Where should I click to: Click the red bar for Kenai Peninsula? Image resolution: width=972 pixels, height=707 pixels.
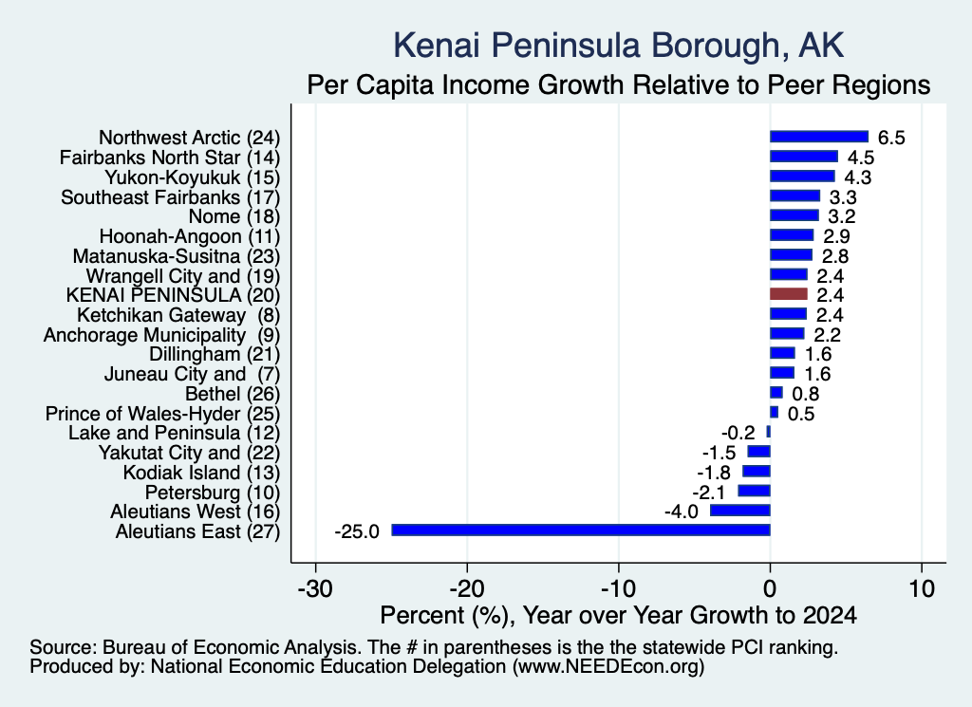[789, 294]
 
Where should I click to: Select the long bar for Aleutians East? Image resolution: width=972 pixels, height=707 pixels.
[581, 530]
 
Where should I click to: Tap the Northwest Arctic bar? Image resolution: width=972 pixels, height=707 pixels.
[819, 137]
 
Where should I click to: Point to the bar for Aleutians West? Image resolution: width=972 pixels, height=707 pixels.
[740, 511]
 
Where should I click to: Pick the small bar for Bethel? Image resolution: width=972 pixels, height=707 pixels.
[776, 393]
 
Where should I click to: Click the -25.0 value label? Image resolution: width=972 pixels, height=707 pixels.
[357, 531]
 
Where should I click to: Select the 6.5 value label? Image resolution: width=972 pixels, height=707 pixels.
[891, 138]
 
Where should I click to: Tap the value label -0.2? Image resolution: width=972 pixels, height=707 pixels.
[738, 433]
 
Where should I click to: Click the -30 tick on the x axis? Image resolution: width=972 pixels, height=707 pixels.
[315, 588]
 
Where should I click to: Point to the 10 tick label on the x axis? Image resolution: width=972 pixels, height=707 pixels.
[922, 588]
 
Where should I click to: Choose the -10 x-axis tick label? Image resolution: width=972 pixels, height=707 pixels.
[618, 588]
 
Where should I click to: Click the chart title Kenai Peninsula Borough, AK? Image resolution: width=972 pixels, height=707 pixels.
[618, 46]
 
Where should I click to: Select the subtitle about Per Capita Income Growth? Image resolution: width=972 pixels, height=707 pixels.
[619, 84]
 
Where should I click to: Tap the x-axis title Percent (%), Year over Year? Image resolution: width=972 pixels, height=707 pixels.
[618, 615]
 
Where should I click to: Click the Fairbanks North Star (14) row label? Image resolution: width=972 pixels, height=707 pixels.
[170, 158]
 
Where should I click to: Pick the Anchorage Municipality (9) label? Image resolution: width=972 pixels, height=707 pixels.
[161, 335]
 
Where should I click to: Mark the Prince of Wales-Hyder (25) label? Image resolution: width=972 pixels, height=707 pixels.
[162, 414]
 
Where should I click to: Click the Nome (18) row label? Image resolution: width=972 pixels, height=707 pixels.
[234, 217]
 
